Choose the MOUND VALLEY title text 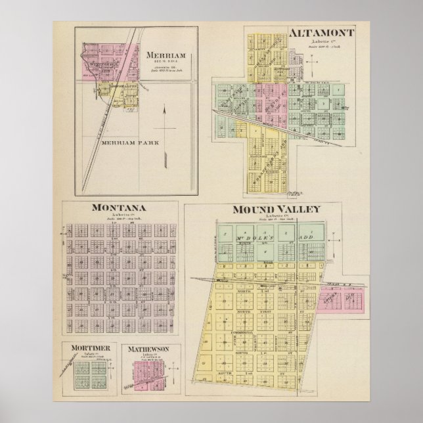click(x=275, y=210)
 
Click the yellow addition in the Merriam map click(x=118, y=92)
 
